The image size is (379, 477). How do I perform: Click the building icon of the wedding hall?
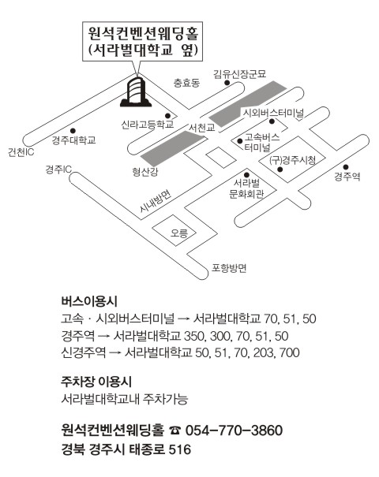pos(136,92)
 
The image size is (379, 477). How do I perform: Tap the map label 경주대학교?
pos(73,140)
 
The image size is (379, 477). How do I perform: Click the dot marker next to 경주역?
pos(346,167)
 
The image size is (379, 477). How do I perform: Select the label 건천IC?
pos(21,152)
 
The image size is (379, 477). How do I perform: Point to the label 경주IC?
pos(58,170)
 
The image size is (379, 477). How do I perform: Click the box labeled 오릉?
pos(174,230)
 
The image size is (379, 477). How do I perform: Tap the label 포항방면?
pos(229,268)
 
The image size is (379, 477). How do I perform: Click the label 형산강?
pos(145,172)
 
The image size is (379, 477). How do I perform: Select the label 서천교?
pos(201,128)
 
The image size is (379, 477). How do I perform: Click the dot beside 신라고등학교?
pos(167,116)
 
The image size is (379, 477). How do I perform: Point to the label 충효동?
pos(187,83)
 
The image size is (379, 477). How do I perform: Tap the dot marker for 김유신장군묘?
pos(227,83)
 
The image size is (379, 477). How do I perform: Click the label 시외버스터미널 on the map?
pos(273,113)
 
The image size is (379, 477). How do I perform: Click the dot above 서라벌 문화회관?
pos(246,175)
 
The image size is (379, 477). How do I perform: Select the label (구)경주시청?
pos(292,160)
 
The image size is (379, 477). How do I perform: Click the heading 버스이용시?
pos(89,301)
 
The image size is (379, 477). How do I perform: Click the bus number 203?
pos(265,352)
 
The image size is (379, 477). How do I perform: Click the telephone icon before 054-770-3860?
pos(175,430)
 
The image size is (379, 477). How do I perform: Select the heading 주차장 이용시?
pos(96,382)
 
